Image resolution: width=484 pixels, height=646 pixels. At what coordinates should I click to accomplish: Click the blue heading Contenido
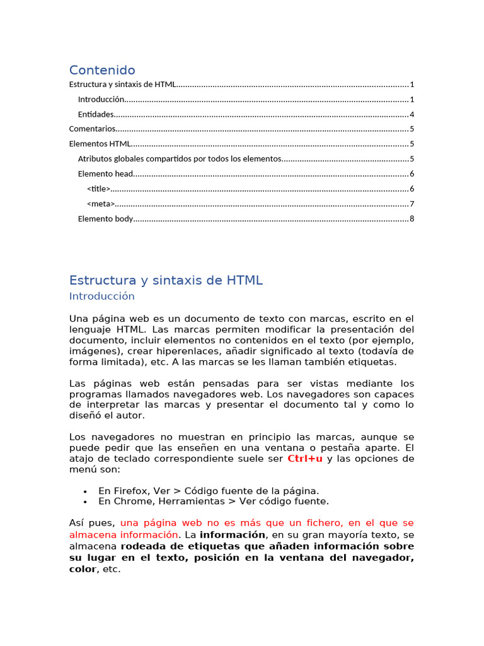102,70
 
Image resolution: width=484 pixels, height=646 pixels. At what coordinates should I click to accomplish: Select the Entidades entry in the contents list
96,114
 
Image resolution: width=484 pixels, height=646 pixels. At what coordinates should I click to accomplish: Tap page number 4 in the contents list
412,114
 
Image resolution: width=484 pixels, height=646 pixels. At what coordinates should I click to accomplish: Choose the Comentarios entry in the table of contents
92,129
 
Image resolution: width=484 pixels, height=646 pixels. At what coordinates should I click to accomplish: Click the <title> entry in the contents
98,189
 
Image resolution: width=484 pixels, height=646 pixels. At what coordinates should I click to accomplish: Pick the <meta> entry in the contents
100,204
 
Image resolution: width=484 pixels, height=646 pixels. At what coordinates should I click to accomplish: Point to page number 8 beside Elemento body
412,219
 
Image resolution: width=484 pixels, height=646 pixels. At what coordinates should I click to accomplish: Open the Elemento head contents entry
105,173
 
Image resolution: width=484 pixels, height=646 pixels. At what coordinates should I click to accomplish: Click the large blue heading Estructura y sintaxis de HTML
166,281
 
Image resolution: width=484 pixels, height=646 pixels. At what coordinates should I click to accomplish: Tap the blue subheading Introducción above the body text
101,296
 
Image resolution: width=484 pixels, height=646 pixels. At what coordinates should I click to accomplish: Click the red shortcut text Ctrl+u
305,459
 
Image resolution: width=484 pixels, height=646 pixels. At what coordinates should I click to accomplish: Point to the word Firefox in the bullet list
130,491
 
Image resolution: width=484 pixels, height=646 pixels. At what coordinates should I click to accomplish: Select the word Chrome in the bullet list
130,502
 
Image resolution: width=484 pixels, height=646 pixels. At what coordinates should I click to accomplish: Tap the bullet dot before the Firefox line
84,491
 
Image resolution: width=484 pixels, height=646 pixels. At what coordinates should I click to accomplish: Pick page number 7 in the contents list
412,204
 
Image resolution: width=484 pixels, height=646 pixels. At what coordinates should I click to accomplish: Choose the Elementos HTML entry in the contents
100,144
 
